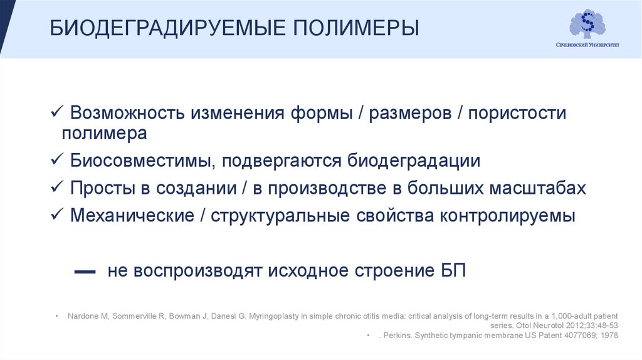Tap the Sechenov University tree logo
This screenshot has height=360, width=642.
point(587,23)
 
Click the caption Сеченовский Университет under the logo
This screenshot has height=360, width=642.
point(587,45)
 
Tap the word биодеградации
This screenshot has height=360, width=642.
point(414,161)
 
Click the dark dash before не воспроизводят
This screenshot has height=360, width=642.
point(85,273)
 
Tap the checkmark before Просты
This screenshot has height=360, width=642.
point(56,188)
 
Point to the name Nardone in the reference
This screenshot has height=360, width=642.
point(81,315)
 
